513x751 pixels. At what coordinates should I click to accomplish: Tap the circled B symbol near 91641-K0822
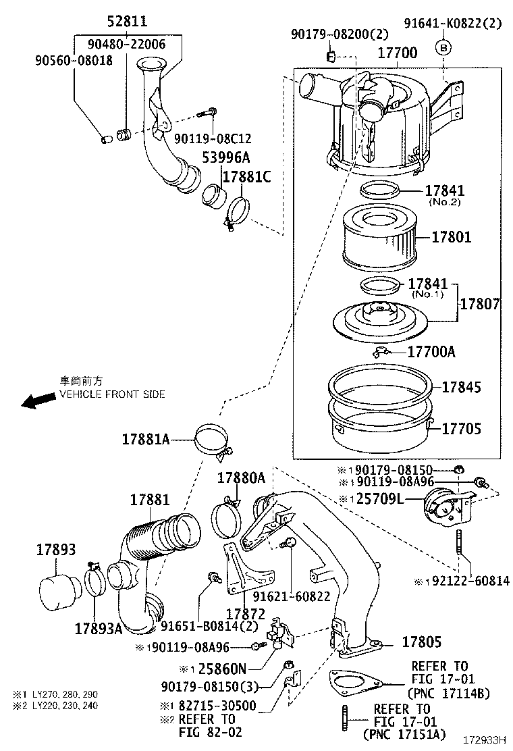(x=443, y=47)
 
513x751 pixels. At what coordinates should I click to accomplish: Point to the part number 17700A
(x=431, y=352)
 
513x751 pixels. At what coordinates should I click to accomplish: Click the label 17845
(x=461, y=387)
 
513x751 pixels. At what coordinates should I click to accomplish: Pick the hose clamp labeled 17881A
(x=211, y=440)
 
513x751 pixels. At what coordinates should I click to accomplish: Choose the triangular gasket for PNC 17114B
(x=354, y=682)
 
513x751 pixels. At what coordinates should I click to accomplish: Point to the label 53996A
(x=227, y=157)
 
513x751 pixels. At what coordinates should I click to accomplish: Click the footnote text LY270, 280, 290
(x=65, y=694)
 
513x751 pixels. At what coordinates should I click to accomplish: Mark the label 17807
(x=480, y=305)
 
